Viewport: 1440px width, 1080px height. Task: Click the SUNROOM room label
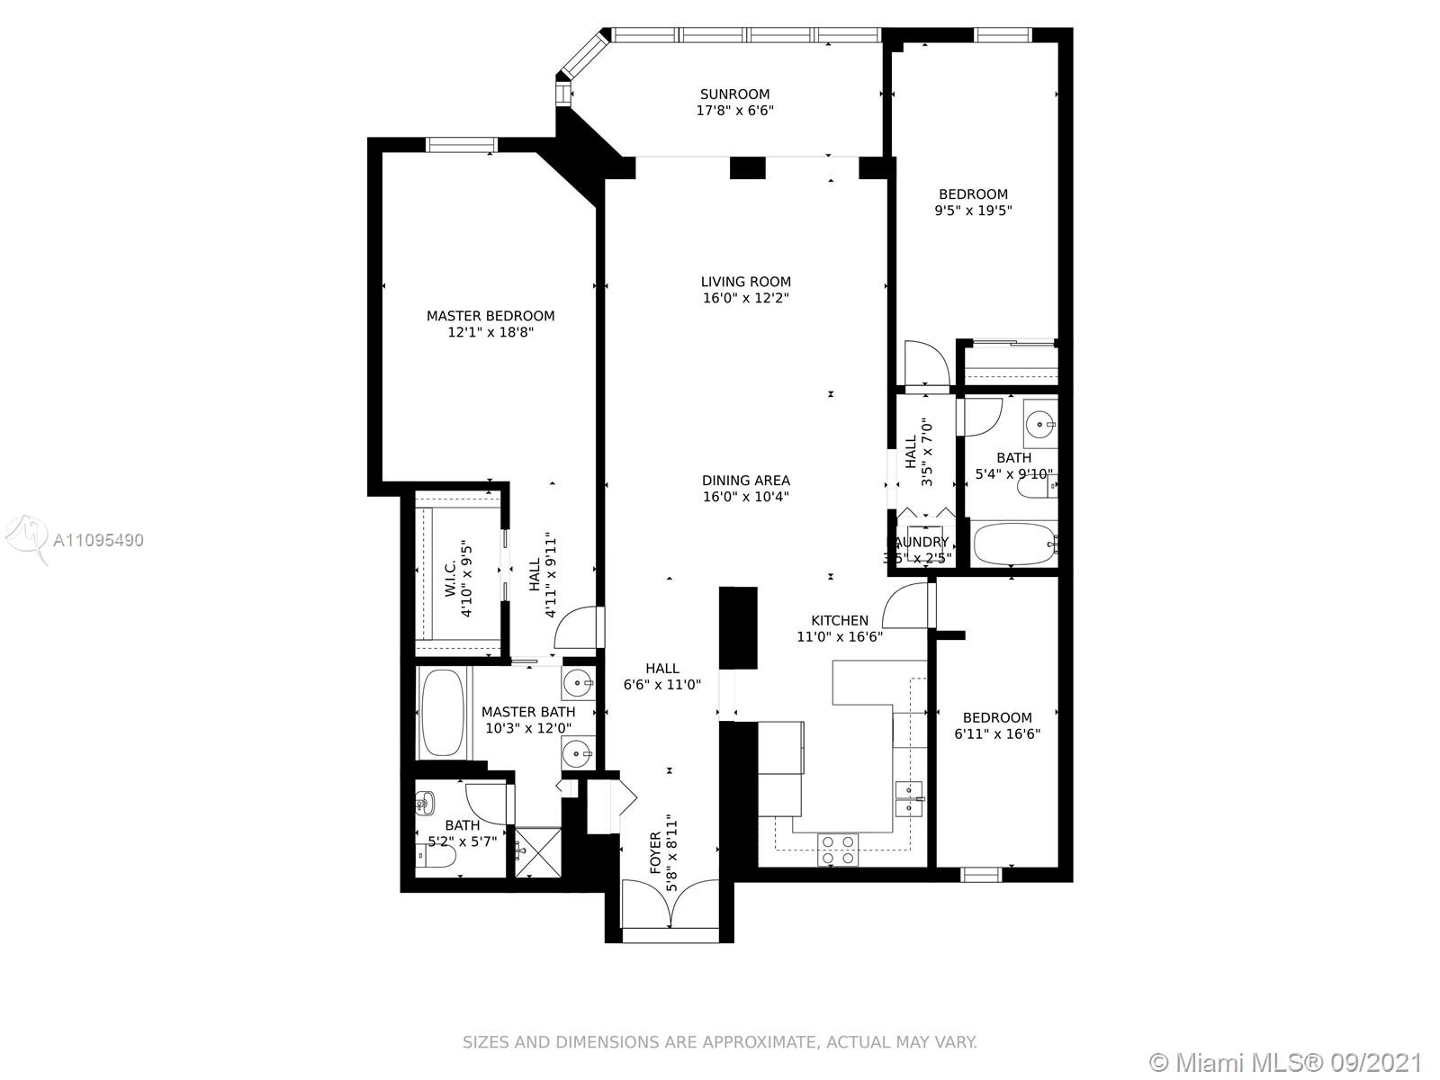pos(734,94)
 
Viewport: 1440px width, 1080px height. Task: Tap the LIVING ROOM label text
pos(746,282)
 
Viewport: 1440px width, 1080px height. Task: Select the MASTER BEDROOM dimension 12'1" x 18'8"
pos(490,332)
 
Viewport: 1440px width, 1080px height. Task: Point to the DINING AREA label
pos(746,481)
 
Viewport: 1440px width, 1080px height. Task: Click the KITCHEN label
pos(840,620)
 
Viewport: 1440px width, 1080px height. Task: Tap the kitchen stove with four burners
pos(839,850)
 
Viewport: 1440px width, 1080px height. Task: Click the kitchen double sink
pos(909,798)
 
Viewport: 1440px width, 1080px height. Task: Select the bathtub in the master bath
pos(442,713)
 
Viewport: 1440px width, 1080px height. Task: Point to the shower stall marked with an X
pos(538,851)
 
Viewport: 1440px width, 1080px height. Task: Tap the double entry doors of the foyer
pos(670,904)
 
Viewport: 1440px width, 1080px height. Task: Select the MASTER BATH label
pos(528,712)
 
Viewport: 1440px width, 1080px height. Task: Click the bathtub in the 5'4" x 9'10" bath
pos(1014,544)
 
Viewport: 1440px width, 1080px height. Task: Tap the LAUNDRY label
pos(918,543)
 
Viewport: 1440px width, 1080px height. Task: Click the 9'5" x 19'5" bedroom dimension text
pos(974,211)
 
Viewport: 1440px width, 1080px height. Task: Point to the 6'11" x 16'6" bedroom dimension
pos(997,733)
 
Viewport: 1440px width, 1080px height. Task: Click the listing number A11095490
pos(98,540)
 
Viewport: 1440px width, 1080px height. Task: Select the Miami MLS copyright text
pos(1286,1063)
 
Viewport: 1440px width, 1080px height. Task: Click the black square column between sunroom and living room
pos(747,168)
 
